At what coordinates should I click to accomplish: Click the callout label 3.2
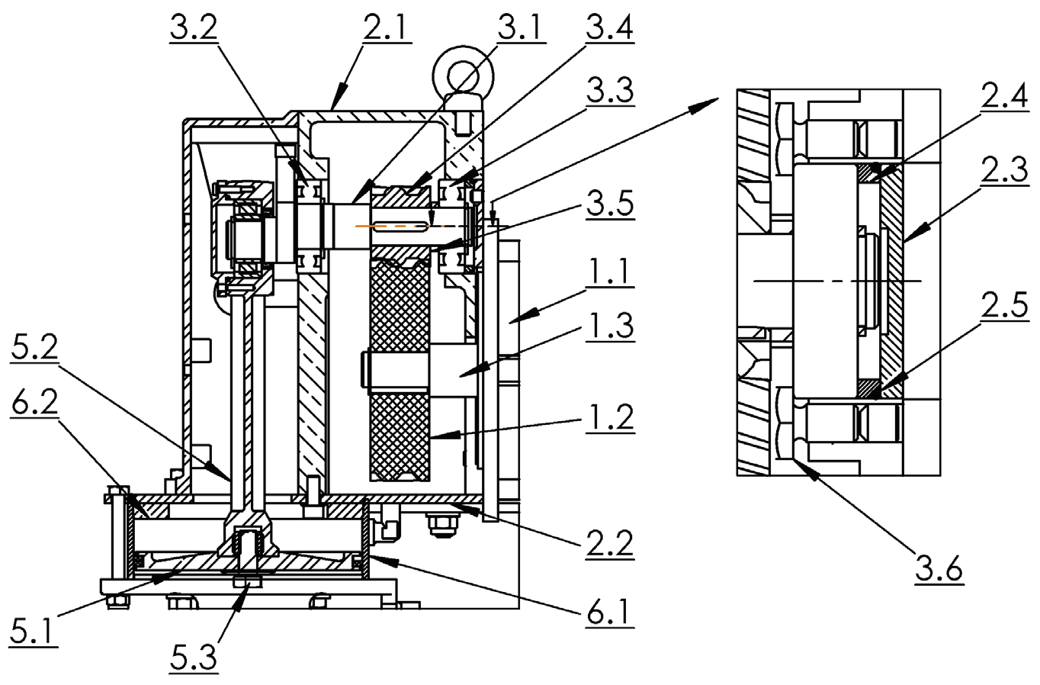tap(193, 29)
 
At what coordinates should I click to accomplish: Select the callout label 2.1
tap(387, 29)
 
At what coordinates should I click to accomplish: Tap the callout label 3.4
tap(609, 29)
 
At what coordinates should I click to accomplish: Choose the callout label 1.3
tap(610, 326)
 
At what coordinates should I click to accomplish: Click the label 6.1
tap(609, 613)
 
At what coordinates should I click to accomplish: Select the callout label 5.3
tap(193, 657)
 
